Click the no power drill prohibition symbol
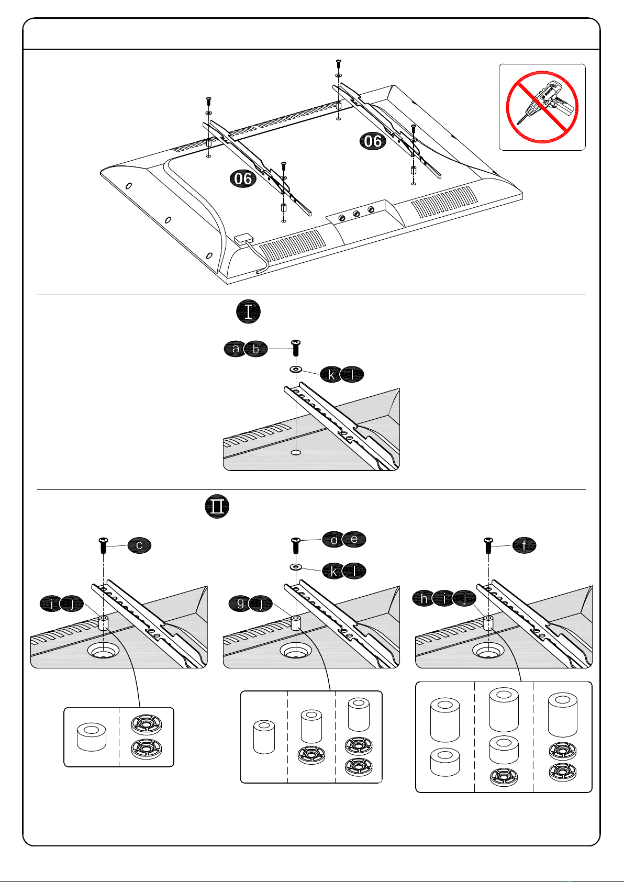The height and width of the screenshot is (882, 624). tap(542, 107)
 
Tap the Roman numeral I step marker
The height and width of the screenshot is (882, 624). tap(249, 311)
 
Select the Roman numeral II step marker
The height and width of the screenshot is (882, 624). tap(217, 506)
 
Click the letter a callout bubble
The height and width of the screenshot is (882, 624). tap(236, 349)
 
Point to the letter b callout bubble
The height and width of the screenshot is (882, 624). tap(256, 349)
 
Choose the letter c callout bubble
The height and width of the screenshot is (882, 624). tap(139, 545)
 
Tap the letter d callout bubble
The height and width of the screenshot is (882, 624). tap(334, 540)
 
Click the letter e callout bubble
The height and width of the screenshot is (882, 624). tap(354, 539)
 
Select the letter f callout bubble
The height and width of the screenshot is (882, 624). tap(524, 545)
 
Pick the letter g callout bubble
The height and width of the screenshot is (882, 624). tap(240, 603)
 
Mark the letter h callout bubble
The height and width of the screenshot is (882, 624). tap(424, 598)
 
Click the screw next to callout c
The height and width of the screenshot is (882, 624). tap(104, 545)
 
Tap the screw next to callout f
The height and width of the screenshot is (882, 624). tap(488, 545)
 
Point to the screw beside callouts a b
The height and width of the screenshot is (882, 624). tap(296, 348)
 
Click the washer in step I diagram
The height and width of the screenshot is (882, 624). tap(296, 370)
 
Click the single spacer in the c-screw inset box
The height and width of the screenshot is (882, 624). tap(91, 736)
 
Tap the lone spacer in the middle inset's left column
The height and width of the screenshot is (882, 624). tap(264, 736)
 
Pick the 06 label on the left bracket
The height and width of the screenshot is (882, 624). tap(243, 179)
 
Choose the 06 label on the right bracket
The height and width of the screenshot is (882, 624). tap(373, 141)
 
